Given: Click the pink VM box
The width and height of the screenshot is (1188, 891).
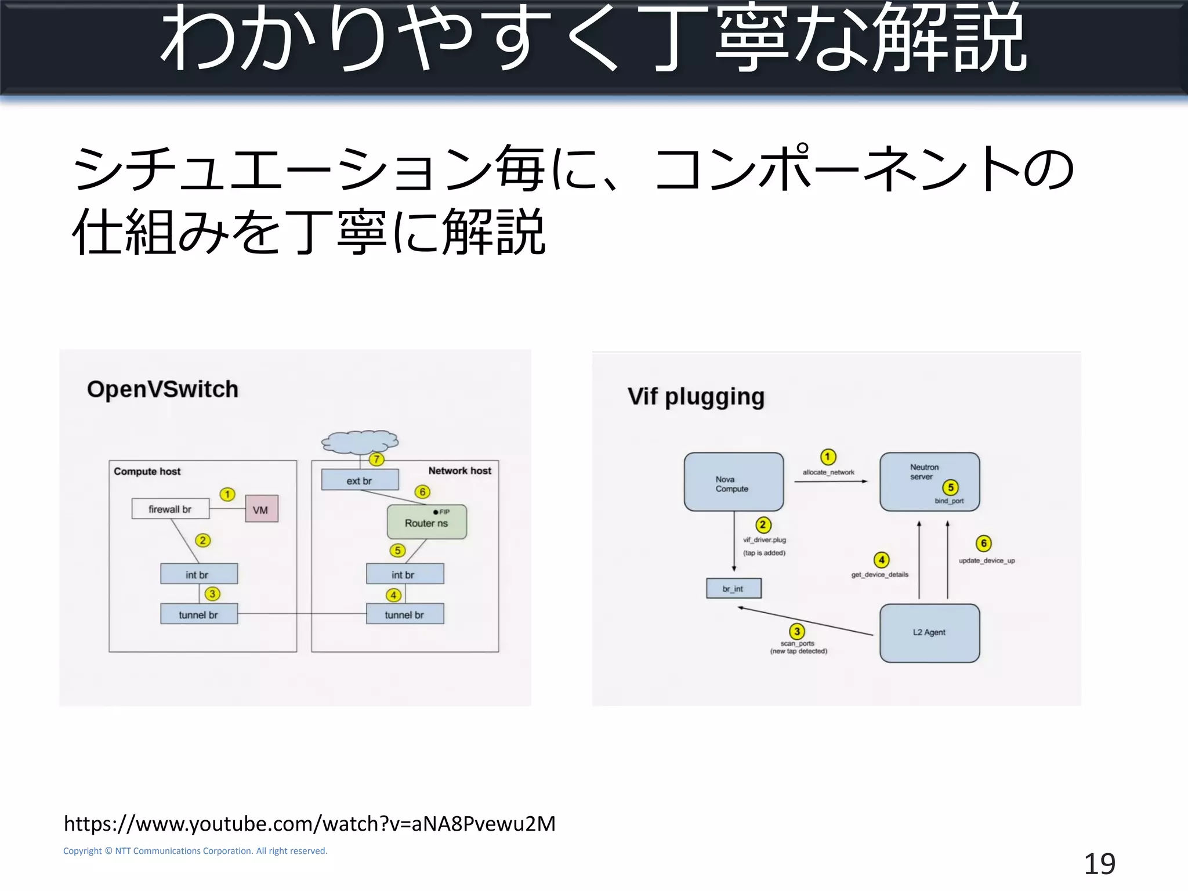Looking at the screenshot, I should pyautogui.click(x=261, y=509).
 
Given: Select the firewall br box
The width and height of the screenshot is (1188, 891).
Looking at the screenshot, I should pyautogui.click(x=170, y=509).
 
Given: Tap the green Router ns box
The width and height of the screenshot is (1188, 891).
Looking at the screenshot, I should pyautogui.click(x=426, y=522).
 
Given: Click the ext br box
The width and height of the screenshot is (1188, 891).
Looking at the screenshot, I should pyautogui.click(x=360, y=480).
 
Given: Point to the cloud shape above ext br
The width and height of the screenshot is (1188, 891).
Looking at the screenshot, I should pyautogui.click(x=360, y=442).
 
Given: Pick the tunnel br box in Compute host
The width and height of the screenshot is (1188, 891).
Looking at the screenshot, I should pyautogui.click(x=198, y=614).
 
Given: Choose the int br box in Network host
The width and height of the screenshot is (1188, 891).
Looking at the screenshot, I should pyautogui.click(x=404, y=574).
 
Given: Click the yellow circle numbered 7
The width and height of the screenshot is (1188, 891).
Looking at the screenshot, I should pyautogui.click(x=376, y=459).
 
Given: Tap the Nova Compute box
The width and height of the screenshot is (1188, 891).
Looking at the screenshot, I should pyautogui.click(x=733, y=482).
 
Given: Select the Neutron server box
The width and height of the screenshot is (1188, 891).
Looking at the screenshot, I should pyautogui.click(x=929, y=481).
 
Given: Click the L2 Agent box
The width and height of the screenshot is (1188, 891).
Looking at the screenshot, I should pyautogui.click(x=929, y=633).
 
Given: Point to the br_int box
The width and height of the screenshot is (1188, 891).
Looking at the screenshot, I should pyautogui.click(x=733, y=588).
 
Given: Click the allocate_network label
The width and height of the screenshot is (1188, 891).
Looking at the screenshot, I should pyautogui.click(x=828, y=472).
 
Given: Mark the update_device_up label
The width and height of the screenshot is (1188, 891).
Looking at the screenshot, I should pyautogui.click(x=986, y=560).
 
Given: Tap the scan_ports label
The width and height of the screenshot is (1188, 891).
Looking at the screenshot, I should pyautogui.click(x=798, y=643).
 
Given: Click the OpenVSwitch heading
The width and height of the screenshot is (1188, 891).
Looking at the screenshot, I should pyautogui.click(x=162, y=389).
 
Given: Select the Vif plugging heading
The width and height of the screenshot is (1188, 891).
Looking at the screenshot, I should pyautogui.click(x=696, y=397).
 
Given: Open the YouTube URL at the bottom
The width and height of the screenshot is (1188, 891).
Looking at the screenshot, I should pyautogui.click(x=309, y=824).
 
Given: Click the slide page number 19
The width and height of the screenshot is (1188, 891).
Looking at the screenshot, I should pyautogui.click(x=1099, y=864).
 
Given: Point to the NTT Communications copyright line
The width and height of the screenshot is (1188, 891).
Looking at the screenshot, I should pyautogui.click(x=195, y=851).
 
